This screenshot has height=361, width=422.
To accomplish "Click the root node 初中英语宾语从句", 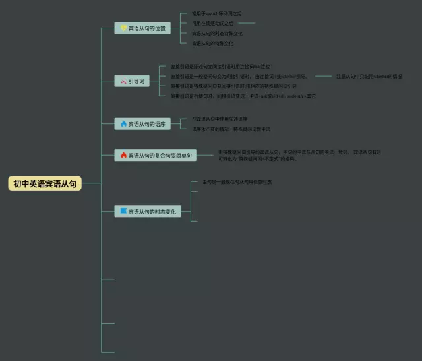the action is (45, 184).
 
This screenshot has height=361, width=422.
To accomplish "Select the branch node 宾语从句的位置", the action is (142, 28).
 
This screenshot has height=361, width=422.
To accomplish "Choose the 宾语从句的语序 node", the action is (142, 123).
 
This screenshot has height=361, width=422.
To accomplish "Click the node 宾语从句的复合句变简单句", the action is (156, 155).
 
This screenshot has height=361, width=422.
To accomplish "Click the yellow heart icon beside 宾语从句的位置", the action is (123, 28).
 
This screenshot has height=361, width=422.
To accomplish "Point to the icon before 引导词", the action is (123, 81).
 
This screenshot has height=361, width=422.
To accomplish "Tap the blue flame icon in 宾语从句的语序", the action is (123, 123).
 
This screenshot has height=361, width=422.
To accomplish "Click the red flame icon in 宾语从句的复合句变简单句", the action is (123, 155).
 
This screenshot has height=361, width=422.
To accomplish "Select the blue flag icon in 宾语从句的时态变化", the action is (123, 211).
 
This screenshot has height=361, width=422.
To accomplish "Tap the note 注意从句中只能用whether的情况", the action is (369, 77).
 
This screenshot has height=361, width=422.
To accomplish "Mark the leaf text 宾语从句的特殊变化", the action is (212, 43).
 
